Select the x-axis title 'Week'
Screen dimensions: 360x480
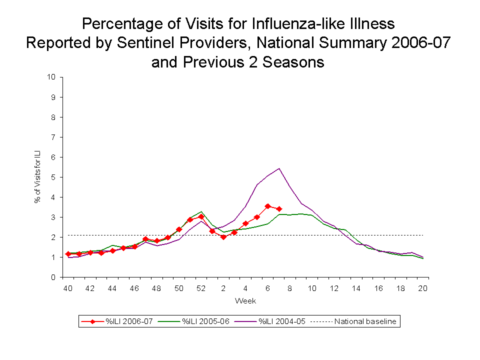245,301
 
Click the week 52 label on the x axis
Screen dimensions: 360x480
201,288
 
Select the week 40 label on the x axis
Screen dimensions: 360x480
67,288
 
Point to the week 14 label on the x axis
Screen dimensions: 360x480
356,288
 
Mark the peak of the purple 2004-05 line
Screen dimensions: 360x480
279,168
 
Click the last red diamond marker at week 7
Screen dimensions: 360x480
279,209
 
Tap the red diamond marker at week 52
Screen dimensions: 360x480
201,217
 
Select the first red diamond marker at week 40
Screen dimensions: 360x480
68,254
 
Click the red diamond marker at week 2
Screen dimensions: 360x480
223,237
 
